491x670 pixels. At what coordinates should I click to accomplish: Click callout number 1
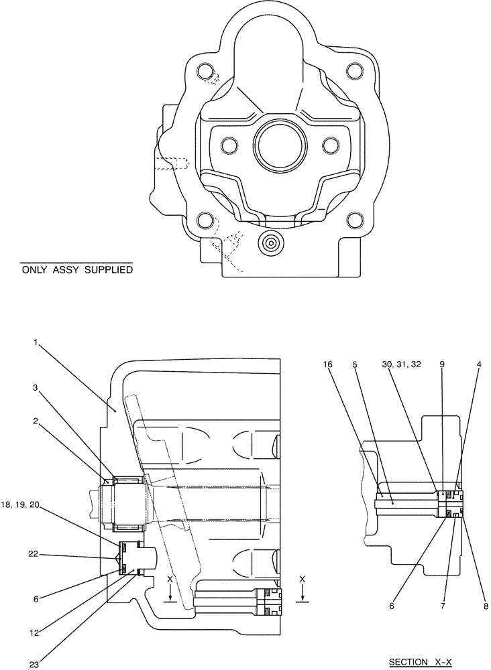[x=35, y=343]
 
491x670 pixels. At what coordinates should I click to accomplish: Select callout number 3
[x=35, y=387]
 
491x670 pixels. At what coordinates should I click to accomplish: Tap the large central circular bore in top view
[x=280, y=146]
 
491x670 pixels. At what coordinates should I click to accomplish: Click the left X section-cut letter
[x=171, y=578]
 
